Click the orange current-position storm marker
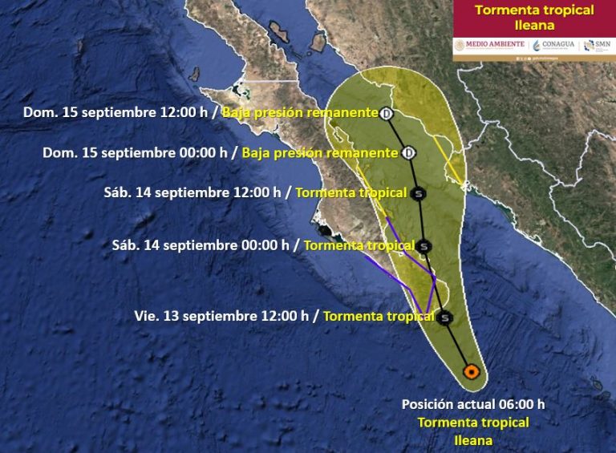point(472,371)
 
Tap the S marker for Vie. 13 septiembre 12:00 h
point(446,318)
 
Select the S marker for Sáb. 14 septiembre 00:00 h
point(424,246)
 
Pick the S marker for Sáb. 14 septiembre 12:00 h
point(418,193)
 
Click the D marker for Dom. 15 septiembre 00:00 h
point(408,152)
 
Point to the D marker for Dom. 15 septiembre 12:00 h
point(387,114)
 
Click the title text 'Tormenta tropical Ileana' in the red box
point(534,18)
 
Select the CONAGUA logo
point(553,45)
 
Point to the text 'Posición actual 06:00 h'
point(473,405)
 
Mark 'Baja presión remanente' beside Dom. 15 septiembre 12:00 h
point(300,113)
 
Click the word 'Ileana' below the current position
point(473,439)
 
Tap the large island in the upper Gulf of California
point(279,33)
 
